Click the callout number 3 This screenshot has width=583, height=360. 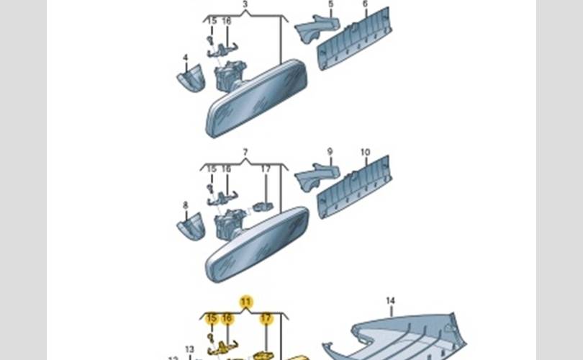[x=245, y=4]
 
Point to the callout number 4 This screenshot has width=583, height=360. [x=185, y=57]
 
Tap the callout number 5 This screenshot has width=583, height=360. [x=330, y=4]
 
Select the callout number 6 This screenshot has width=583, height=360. [x=365, y=4]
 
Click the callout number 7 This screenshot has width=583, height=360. [x=245, y=153]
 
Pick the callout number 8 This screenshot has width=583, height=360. [x=185, y=205]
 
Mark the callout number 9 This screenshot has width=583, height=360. [x=330, y=152]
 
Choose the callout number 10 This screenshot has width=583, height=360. [x=365, y=153]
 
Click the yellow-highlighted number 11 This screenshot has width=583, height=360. [x=246, y=301]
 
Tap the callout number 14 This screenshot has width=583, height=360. [x=390, y=300]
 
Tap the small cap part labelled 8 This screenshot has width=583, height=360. [x=191, y=227]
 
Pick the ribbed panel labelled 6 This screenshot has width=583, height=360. [x=354, y=40]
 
